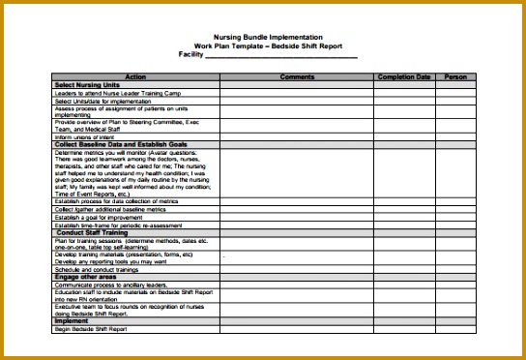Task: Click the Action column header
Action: coord(135,76)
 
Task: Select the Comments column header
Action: coord(297,76)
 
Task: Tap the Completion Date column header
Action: coord(404,76)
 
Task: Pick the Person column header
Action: coord(454,76)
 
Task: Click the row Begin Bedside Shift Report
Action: coord(92,329)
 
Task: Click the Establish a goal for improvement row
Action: coord(102,218)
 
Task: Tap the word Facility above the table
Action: coord(192,54)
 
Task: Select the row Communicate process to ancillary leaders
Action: coord(110,285)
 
